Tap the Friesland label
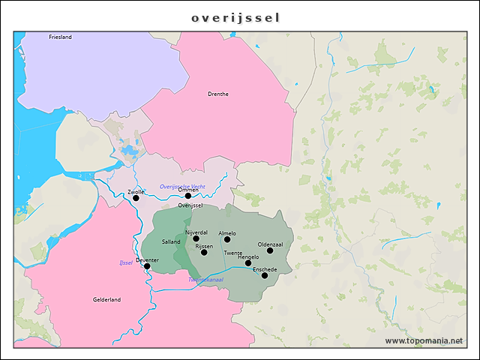coord(60,37)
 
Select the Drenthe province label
coord(218,94)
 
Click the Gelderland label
coord(106,299)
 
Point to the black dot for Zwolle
coord(136,198)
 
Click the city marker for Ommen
coord(188,196)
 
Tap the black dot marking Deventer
coord(147,266)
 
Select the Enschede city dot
coord(265,275)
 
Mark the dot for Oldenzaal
coord(270,250)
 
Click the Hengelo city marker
coord(248,262)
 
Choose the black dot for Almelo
coord(227,239)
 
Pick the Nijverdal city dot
coord(196,238)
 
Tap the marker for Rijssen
coord(204,252)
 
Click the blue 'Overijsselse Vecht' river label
coord(182,186)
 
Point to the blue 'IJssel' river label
coord(126,262)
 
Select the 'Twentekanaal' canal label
coord(205,280)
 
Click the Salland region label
coord(171,242)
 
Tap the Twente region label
coord(233,253)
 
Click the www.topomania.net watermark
coord(424,340)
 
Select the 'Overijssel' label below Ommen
coord(191,205)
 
